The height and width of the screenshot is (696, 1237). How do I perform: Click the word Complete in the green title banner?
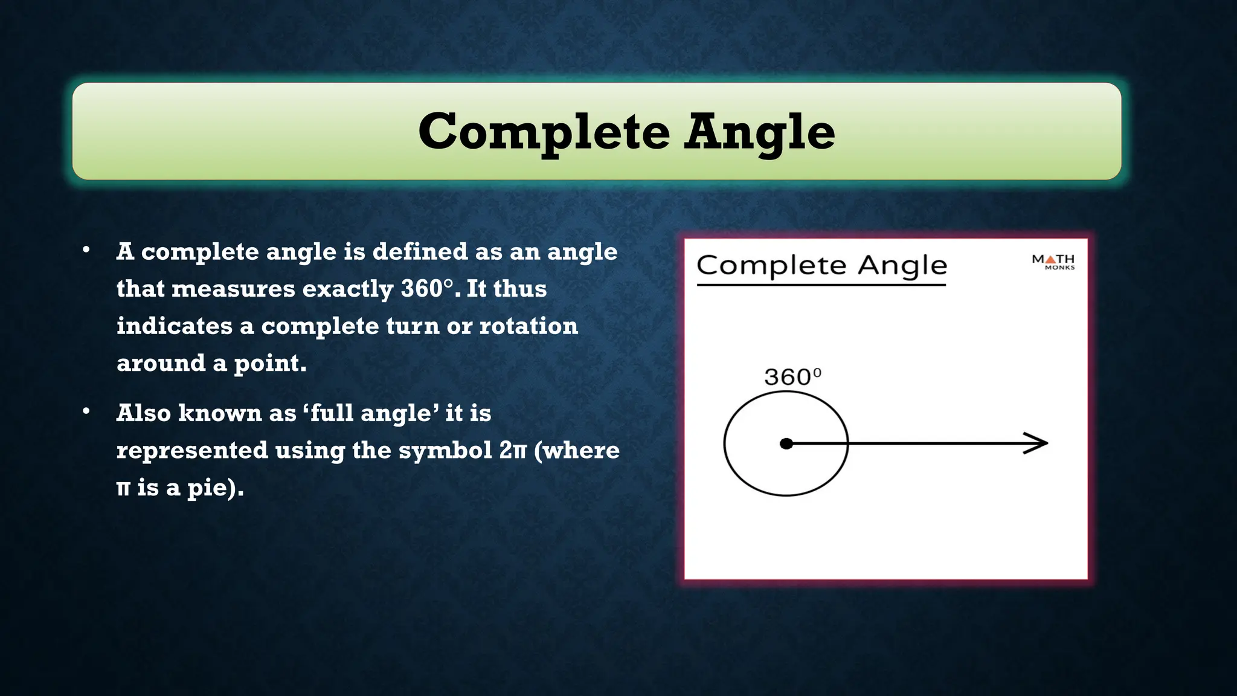(x=544, y=132)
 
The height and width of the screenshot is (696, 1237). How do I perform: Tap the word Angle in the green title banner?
(x=759, y=132)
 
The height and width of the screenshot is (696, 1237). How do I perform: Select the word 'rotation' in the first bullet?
(x=529, y=326)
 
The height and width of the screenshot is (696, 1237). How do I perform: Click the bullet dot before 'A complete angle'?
(x=86, y=250)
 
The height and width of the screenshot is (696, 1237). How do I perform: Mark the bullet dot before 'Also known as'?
(x=86, y=411)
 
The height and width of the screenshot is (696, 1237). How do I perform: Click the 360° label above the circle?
(x=792, y=377)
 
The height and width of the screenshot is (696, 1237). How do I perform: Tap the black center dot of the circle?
(x=786, y=444)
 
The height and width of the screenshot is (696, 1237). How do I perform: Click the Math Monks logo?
(x=1053, y=262)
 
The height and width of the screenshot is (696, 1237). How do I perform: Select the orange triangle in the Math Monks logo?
(x=1050, y=259)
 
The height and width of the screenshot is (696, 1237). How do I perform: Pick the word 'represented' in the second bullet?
(x=192, y=451)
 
